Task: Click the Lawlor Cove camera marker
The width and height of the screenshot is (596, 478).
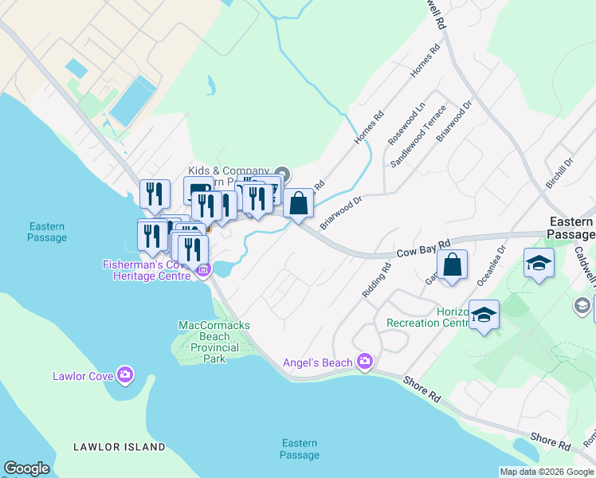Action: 124,374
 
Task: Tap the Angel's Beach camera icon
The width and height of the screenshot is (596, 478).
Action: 365,362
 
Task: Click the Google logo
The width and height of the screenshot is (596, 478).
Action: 26,468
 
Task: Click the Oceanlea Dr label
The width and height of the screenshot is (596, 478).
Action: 492,264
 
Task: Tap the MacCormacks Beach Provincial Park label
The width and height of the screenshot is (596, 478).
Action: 209,342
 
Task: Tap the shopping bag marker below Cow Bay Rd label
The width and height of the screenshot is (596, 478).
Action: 452,266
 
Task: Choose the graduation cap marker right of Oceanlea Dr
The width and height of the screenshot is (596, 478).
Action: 539,263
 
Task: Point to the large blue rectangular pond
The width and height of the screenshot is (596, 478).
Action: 132,101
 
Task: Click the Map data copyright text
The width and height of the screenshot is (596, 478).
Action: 547,472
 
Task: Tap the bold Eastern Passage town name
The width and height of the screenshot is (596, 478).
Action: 571,228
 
